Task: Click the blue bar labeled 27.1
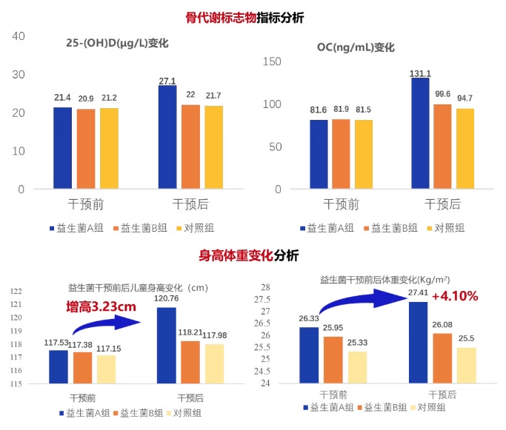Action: point(167,137)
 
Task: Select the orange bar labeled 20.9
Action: point(86,149)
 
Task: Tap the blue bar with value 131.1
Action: point(420,133)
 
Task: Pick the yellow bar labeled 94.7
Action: point(465,148)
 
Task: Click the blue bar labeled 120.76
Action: point(167,345)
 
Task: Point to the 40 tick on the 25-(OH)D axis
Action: point(19,36)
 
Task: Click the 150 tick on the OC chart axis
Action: point(273,61)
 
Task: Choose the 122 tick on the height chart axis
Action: point(16,292)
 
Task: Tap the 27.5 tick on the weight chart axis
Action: point(264,299)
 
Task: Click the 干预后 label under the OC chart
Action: point(442,204)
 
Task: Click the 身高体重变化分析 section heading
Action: point(248,256)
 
